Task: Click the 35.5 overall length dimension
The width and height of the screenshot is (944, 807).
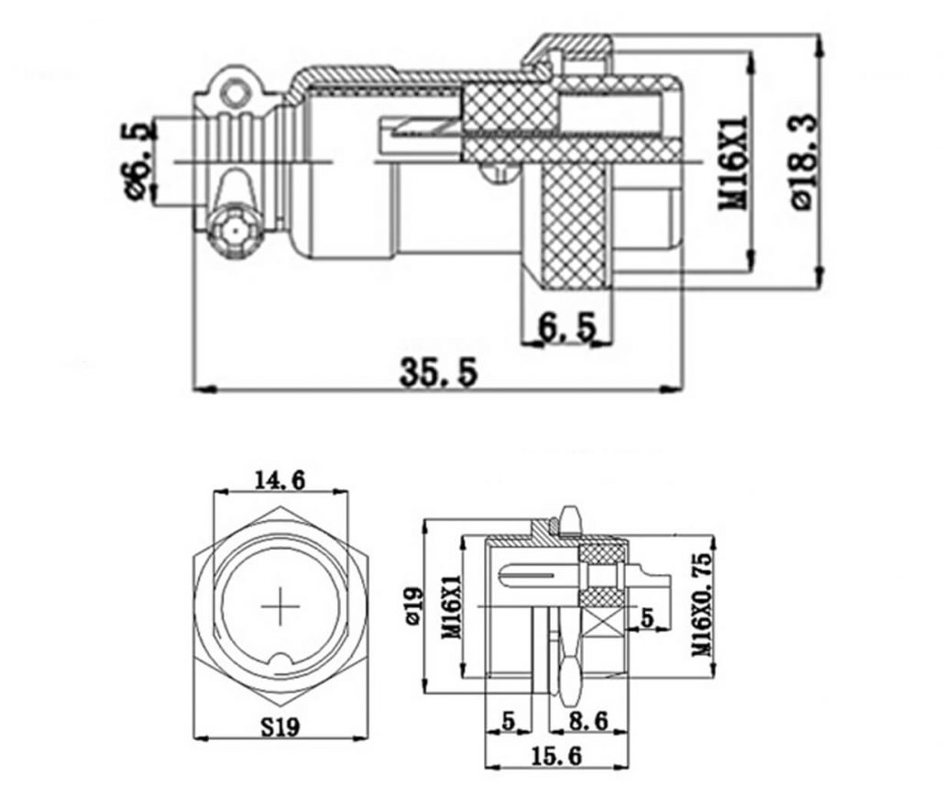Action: pos(439,371)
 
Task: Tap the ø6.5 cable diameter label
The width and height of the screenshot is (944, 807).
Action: pos(137,160)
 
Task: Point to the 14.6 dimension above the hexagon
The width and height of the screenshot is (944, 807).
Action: pos(280,479)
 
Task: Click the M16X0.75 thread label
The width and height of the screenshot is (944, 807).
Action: pos(702,605)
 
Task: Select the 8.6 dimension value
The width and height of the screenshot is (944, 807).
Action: pos(587,721)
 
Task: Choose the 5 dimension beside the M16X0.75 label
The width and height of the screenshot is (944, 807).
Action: pos(647,618)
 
